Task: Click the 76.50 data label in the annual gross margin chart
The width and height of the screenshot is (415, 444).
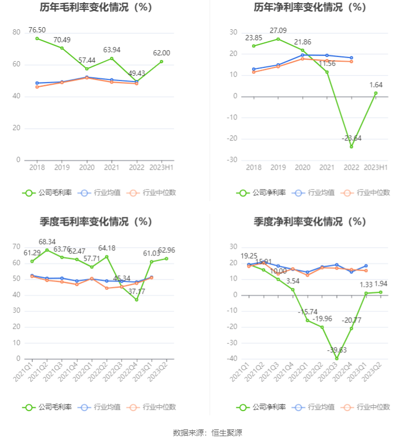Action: point(37,30)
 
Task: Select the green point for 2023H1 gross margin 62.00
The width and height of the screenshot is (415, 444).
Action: point(162,61)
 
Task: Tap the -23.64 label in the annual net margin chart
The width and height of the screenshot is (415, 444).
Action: point(351,138)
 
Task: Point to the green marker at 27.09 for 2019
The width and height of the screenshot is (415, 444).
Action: point(278,39)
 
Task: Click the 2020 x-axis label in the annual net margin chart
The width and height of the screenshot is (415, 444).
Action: point(303,167)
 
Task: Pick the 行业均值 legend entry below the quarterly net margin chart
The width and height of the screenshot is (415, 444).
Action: point(315,407)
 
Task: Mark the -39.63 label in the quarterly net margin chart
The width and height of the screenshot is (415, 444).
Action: point(337,350)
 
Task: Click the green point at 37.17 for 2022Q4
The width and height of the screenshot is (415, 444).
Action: point(136,299)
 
